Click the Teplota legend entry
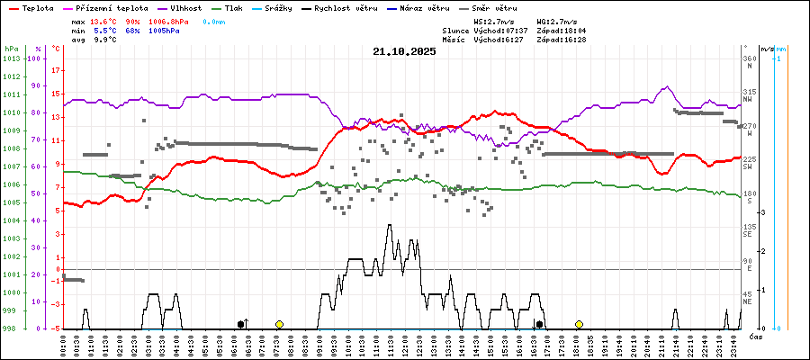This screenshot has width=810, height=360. click(35, 7)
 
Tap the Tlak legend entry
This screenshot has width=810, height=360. click(233, 7)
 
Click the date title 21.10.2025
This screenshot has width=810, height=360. click(404, 52)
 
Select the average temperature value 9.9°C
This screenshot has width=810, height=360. click(109, 40)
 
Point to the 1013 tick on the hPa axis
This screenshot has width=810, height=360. click(11, 58)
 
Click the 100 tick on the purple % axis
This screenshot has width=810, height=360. click(35, 58)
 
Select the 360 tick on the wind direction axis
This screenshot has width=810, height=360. click(748, 58)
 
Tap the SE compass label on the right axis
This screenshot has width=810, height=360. click(747, 234)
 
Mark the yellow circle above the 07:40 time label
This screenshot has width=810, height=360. click(279, 324)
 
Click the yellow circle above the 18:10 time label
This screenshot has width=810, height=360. click(579, 324)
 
